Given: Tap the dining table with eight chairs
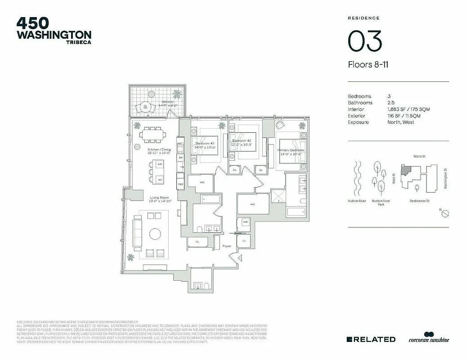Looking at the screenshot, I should point(152,134).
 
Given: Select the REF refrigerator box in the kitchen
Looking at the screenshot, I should point(180,184).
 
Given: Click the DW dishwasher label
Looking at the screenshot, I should point(180,158).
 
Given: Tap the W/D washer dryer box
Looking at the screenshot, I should point(246,222).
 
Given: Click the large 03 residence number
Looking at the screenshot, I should point(365,41).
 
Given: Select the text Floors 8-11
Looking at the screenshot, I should point(368,65).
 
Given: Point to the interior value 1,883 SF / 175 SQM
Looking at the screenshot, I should point(407,109).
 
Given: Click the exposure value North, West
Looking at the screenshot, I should point(400,122).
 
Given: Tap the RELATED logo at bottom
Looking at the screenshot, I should point(371,339).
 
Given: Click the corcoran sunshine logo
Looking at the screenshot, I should point(428,339).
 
